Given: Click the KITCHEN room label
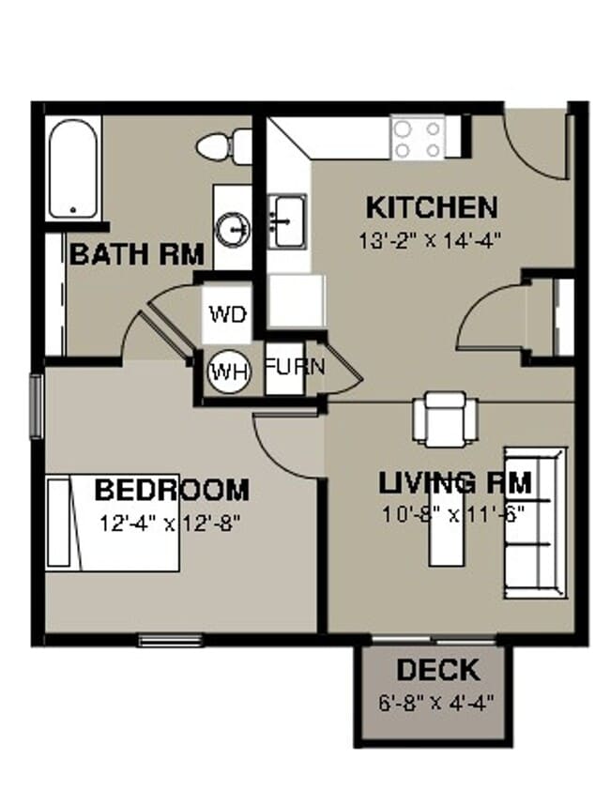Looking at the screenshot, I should point(431,206).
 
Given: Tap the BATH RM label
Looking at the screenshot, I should point(137,253).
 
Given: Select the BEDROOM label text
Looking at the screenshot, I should point(172,490).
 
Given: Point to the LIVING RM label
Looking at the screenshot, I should point(455,484).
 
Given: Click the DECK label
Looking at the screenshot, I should point(437,670).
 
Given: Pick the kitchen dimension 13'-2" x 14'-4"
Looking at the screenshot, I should point(431,238).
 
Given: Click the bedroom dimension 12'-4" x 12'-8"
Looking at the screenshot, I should point(172,524).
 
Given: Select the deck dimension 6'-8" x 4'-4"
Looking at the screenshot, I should point(437,700).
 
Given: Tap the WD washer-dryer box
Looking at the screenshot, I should point(227,313).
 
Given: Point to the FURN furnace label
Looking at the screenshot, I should point(294,367).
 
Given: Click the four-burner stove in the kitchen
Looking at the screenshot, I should point(419,139).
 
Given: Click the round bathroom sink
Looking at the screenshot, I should point(232,228).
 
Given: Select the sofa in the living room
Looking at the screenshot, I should point(536,524).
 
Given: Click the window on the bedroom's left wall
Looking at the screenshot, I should point(37,405).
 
